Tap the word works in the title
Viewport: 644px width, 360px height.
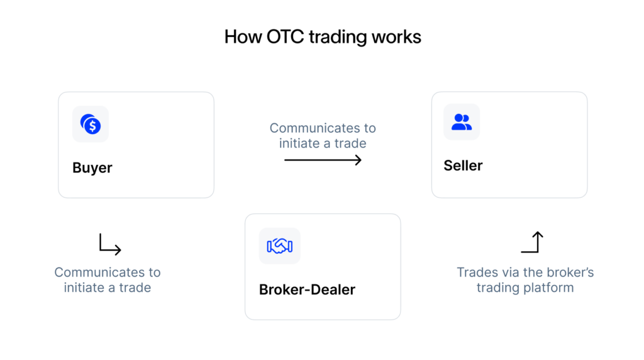396,37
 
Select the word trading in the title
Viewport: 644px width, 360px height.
337,37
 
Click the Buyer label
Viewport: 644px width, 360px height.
92,168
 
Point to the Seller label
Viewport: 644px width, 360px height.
463,166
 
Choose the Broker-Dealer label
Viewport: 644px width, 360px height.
307,290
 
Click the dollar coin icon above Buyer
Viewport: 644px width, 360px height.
91,124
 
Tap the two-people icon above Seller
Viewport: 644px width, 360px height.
462,122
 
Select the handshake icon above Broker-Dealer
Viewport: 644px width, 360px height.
280,246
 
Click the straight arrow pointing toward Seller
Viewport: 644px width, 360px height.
323,160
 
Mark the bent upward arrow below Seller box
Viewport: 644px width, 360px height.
532,242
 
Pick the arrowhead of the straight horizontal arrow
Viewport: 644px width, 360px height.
358,160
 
